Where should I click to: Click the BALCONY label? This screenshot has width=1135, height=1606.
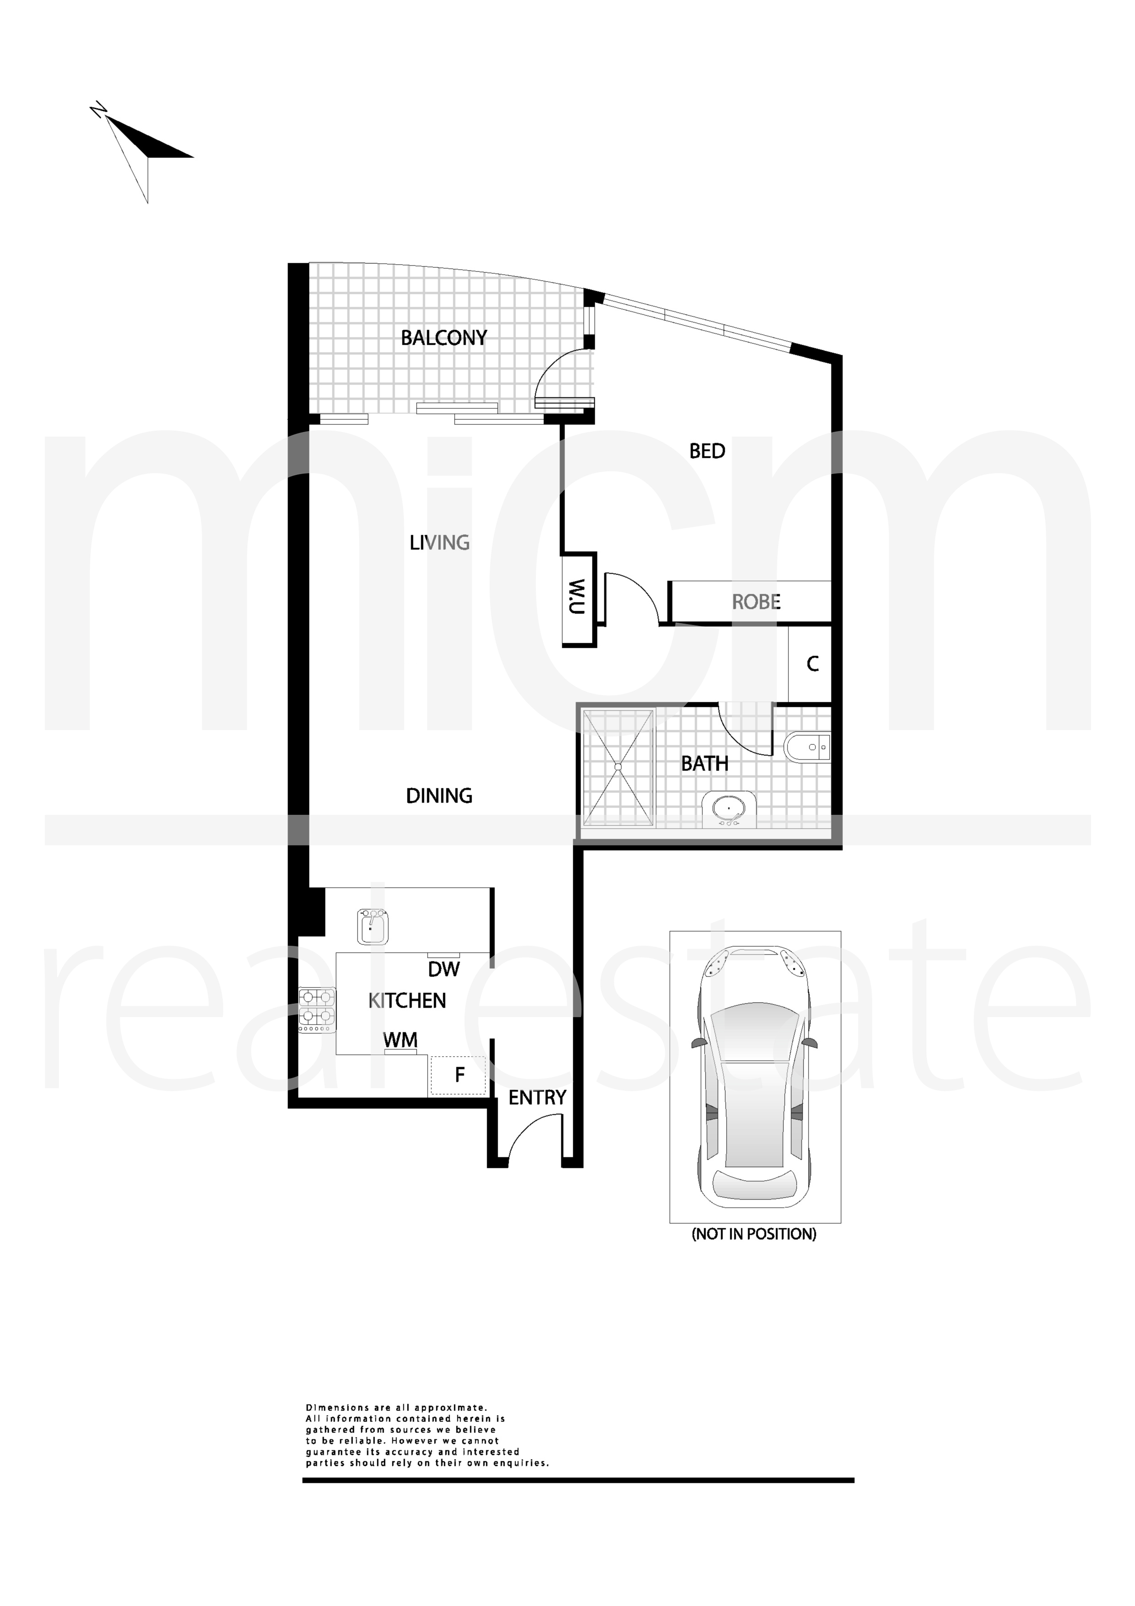coord(443,338)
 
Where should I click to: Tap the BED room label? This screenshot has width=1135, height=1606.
coord(707,451)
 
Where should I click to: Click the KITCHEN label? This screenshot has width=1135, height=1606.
coord(407,1000)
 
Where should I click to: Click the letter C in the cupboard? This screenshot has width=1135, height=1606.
coord(813,664)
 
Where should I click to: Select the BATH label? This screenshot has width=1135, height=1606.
coord(705,763)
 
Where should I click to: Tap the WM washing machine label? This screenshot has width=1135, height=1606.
coord(401,1040)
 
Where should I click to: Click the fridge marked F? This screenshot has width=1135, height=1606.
coord(458,1075)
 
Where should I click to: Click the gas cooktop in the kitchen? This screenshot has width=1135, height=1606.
coord(317,1009)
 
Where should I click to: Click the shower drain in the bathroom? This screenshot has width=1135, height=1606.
coord(618,767)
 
